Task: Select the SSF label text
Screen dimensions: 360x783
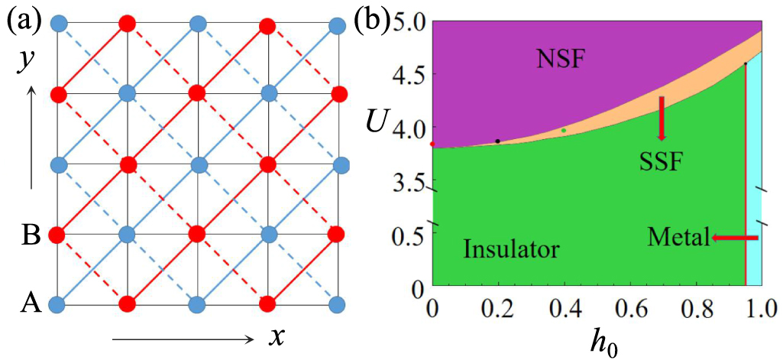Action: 662,162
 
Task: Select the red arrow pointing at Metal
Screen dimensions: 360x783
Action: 734,238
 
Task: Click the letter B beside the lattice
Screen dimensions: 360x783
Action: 30,233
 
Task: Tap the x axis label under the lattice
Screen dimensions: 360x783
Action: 277,337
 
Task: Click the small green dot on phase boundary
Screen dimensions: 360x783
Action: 564,130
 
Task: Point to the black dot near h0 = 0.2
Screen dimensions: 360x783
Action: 498,141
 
